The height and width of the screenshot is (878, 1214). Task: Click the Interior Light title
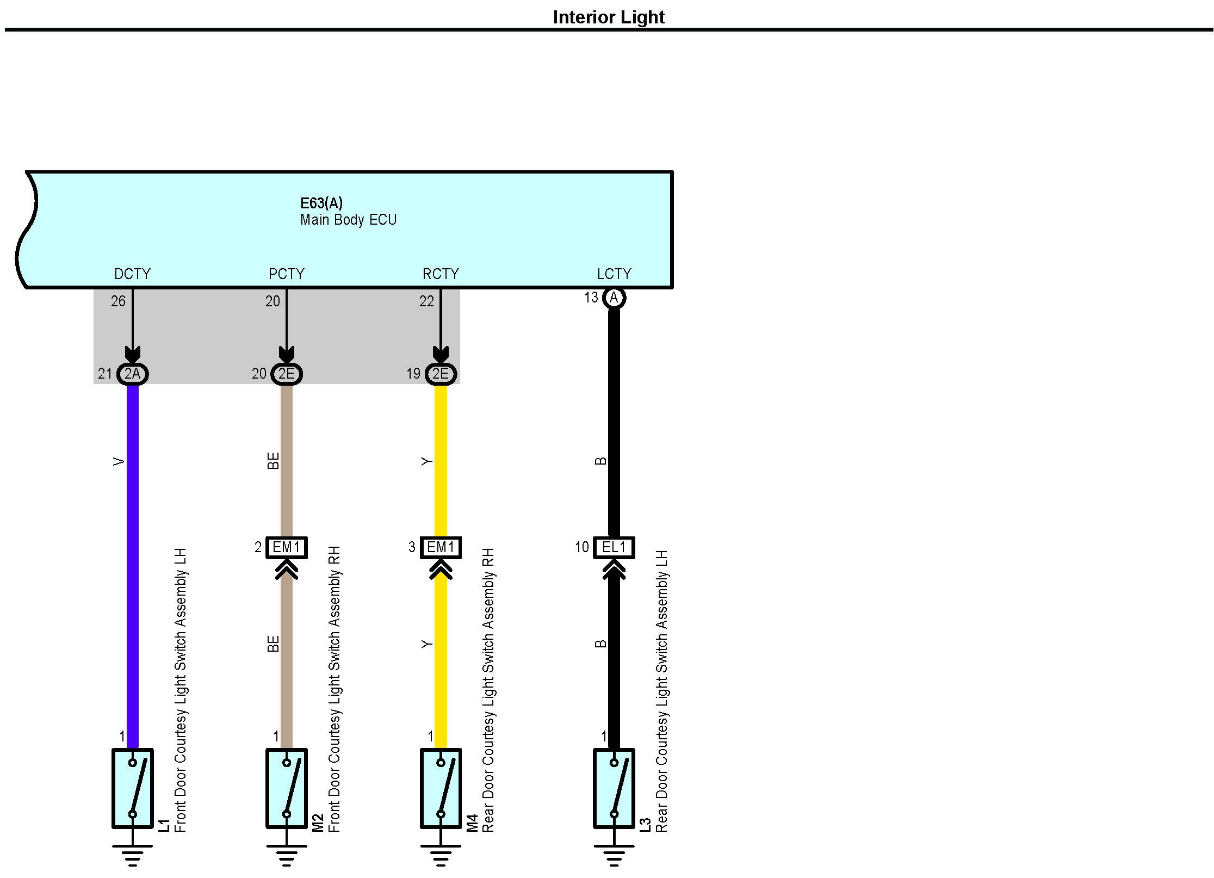click(x=608, y=17)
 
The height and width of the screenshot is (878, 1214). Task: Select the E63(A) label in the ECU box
click(x=321, y=203)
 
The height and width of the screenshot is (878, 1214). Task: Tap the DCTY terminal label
click(x=132, y=274)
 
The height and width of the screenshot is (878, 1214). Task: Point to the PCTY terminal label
click(x=287, y=274)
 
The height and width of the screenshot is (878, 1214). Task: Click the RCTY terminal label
click(x=441, y=274)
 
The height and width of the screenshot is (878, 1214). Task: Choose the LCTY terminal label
click(x=614, y=274)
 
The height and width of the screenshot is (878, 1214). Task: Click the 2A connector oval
click(x=133, y=374)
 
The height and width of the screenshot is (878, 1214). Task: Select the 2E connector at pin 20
click(x=287, y=374)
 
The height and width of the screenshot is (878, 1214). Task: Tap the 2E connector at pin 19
click(x=441, y=374)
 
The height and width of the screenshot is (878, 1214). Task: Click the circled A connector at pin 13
click(x=614, y=298)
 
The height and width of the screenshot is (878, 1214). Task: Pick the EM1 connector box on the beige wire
click(x=287, y=547)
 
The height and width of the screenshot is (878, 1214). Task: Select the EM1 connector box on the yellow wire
click(x=441, y=547)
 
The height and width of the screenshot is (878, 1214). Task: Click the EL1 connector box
click(x=614, y=547)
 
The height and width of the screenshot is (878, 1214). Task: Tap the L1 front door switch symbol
click(x=133, y=788)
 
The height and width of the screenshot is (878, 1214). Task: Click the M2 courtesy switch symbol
click(x=287, y=788)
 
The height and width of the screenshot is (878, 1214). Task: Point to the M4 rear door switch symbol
click(x=441, y=788)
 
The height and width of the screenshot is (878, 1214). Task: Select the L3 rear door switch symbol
click(x=614, y=788)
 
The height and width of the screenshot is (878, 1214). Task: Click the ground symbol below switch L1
click(x=133, y=855)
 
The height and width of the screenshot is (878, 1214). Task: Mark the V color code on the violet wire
click(x=119, y=462)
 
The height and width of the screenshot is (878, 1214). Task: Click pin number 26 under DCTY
click(x=118, y=301)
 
